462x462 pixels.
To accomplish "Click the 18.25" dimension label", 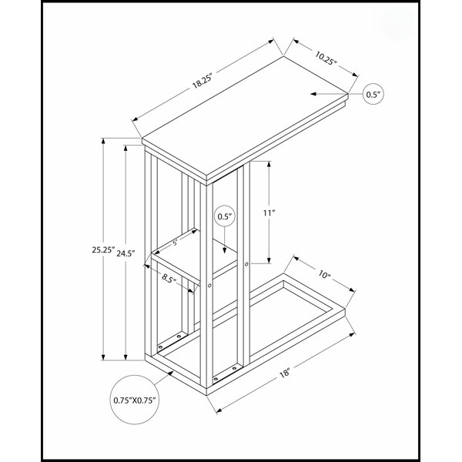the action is click(203, 80).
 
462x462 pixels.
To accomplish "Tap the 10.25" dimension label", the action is click(326, 58).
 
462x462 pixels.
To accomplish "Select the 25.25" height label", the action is click(103, 249).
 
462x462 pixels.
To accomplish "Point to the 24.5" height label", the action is click(126, 253).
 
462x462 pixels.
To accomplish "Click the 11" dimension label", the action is click(269, 213).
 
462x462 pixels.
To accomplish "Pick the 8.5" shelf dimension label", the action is click(169, 278).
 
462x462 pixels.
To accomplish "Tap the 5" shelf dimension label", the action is click(175, 243).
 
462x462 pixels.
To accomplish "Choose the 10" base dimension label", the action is click(323, 274).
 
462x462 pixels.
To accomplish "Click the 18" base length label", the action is click(285, 373).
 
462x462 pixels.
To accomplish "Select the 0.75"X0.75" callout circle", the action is click(135, 400).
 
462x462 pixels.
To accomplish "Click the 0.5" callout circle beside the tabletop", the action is click(373, 94).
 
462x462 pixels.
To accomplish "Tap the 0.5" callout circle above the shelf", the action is click(225, 216).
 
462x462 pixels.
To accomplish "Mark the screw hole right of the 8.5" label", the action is click(209, 285).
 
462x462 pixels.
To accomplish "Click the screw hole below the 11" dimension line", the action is click(246, 264).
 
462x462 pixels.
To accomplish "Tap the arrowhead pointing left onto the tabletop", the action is click(314, 94).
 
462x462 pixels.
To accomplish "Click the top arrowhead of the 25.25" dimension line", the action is click(103, 142).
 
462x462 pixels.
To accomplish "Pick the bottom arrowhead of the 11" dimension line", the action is click(269, 259).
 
